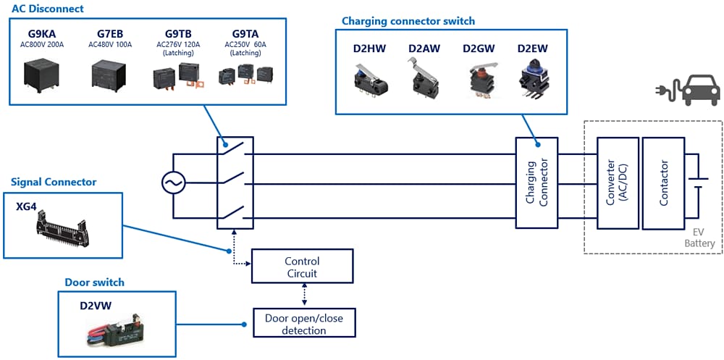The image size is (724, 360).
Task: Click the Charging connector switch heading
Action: [x=408, y=21]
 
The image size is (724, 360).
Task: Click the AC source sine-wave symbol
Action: [x=173, y=184]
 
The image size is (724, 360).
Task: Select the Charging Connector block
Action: [x=536, y=184]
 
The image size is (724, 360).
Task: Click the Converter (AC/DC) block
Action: [x=616, y=184]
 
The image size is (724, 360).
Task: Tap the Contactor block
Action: [x=663, y=184]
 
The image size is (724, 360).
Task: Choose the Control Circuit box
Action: [x=302, y=267]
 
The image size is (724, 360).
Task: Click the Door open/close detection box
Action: [x=304, y=324]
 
